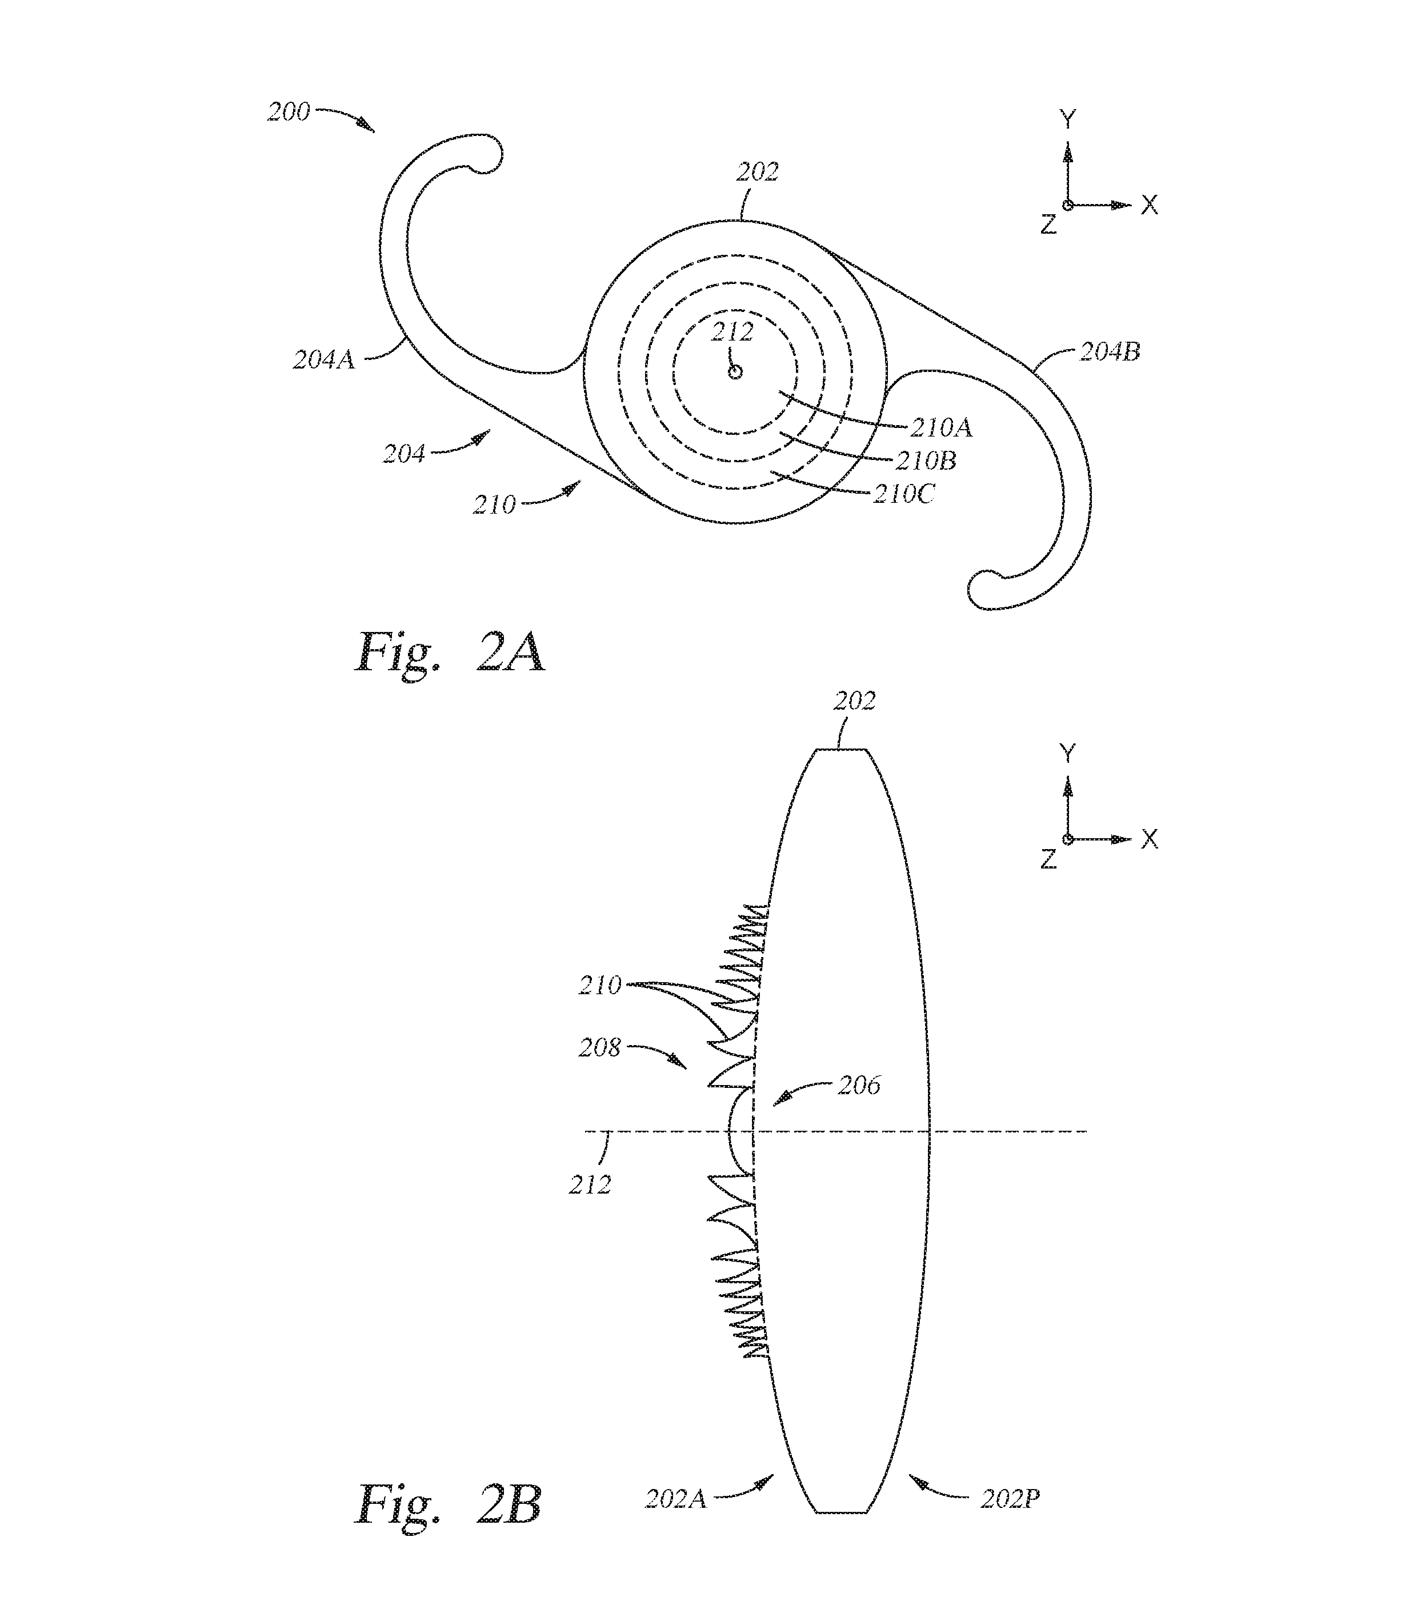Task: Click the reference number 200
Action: coord(289,111)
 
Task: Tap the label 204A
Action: coord(324,359)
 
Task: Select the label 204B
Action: coord(1110,351)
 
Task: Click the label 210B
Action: coord(926,460)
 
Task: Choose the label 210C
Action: coord(904,494)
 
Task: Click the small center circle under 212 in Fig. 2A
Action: coord(735,371)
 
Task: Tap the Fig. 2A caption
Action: coord(450,651)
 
